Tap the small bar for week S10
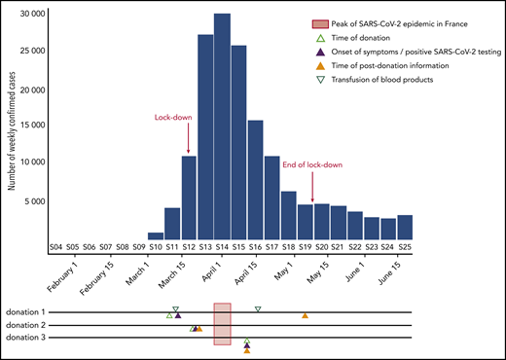(156, 236)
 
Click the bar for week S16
(256, 180)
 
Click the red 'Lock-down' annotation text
(172, 118)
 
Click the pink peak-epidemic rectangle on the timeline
(222, 323)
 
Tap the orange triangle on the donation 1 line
(306, 315)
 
